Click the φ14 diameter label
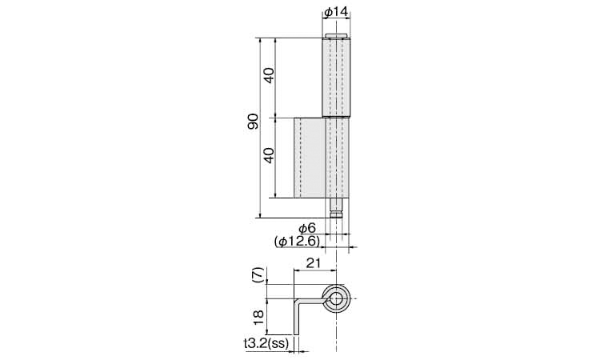click(336, 12)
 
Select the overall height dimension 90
click(253, 122)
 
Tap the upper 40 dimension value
click(269, 75)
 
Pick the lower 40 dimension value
click(269, 155)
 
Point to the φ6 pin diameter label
click(307, 228)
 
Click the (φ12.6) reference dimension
click(297, 242)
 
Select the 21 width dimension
click(314, 263)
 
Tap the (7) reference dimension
click(258, 275)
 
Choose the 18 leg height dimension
click(258, 317)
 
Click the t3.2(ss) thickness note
click(266, 343)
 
